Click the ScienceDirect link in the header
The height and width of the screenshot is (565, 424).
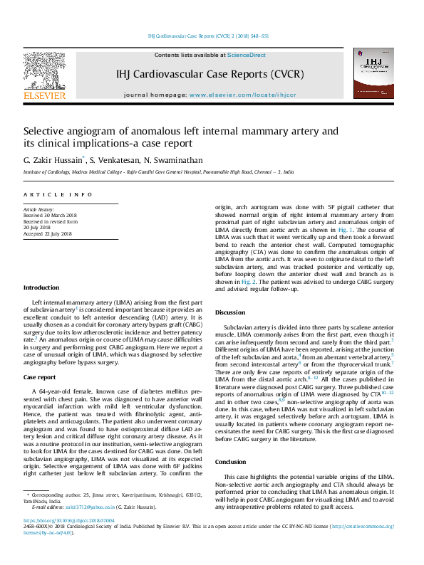click(247, 55)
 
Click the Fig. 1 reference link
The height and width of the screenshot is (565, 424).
click(345, 230)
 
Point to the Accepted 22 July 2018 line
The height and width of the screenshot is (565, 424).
click(48, 233)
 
